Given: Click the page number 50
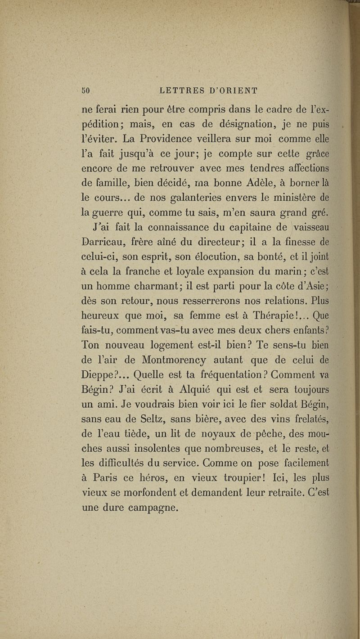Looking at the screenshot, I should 87,90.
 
